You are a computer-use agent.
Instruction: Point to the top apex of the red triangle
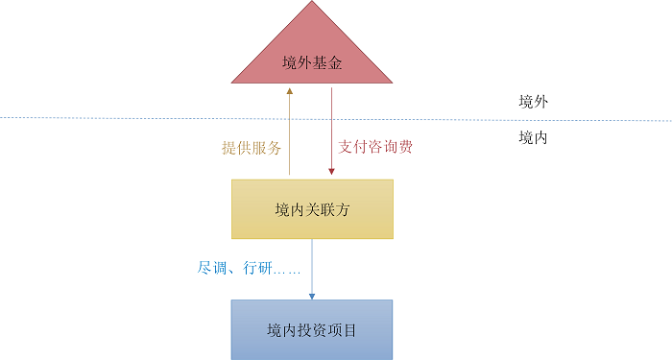[x=312, y=3]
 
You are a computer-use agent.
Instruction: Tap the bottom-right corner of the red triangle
[x=391, y=83]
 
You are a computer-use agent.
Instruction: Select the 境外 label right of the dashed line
[x=533, y=102]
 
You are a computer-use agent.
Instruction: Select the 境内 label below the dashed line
[x=533, y=138]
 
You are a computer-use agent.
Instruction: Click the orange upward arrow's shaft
[x=290, y=134]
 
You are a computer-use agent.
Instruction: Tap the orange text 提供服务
[x=252, y=148]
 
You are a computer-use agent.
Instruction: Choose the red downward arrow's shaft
[x=331, y=130]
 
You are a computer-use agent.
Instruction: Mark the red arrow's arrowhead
[x=331, y=173]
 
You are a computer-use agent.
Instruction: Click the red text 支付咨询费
[x=375, y=148]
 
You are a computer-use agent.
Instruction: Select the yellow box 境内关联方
[x=312, y=208]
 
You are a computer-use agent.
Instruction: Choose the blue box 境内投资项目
[x=312, y=329]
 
